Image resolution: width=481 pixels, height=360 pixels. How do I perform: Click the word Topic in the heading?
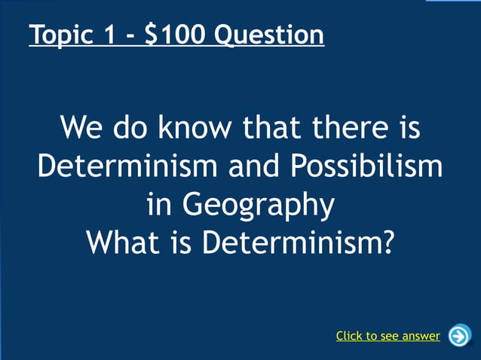[60, 35]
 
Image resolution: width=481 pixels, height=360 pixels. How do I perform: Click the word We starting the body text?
[83, 128]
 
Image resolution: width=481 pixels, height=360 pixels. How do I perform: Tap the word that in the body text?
[270, 128]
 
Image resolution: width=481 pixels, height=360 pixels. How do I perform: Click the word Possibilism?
[377, 166]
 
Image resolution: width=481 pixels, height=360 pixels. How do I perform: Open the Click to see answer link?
[388, 336]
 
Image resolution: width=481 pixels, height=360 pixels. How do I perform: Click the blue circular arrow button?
[458, 335]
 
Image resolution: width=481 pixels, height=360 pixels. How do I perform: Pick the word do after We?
[132, 128]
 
